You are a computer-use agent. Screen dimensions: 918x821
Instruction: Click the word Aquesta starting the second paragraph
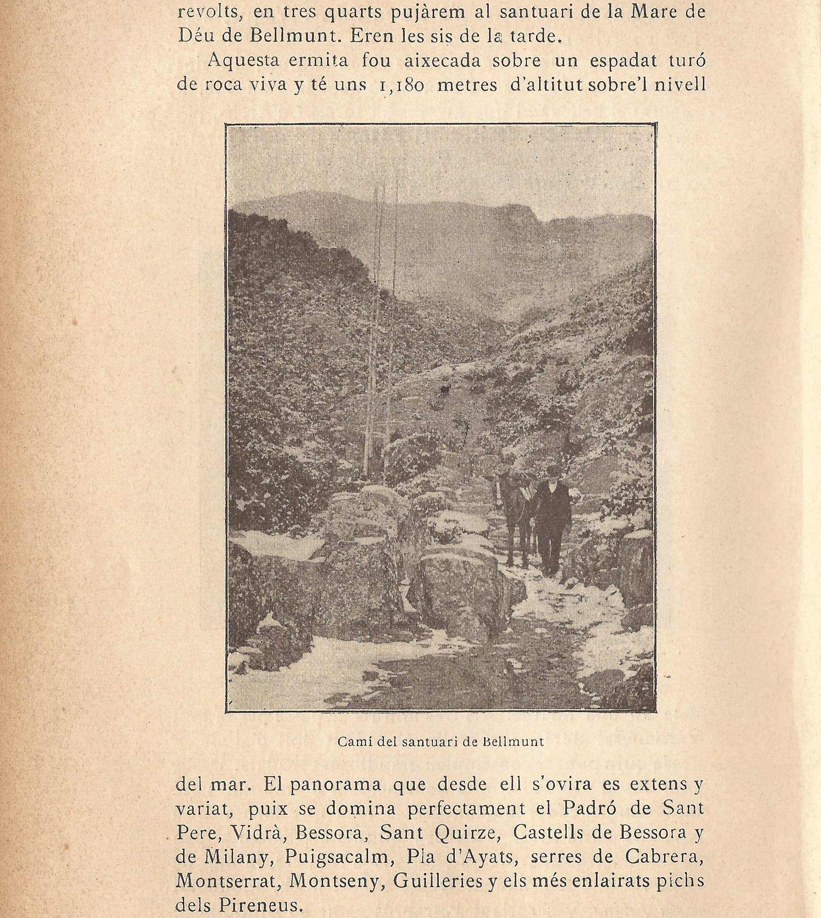coord(243,61)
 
